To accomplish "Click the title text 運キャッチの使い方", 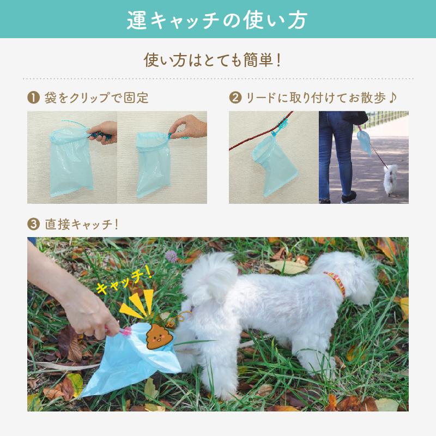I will [x=217, y=20].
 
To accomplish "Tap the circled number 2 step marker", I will [x=235, y=98].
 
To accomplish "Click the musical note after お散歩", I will [x=394, y=98].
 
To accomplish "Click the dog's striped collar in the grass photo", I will [x=335, y=283].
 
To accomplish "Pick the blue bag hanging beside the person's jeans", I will [x=364, y=141].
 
